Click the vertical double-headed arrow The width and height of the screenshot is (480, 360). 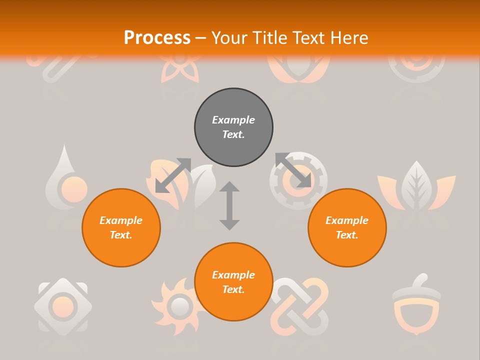point(229,205)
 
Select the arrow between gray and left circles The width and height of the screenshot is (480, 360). point(173,175)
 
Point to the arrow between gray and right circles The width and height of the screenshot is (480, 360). point(293,170)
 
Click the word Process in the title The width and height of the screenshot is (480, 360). point(157,38)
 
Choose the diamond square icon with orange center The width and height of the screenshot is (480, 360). point(63,305)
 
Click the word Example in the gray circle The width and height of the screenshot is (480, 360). point(233,120)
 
